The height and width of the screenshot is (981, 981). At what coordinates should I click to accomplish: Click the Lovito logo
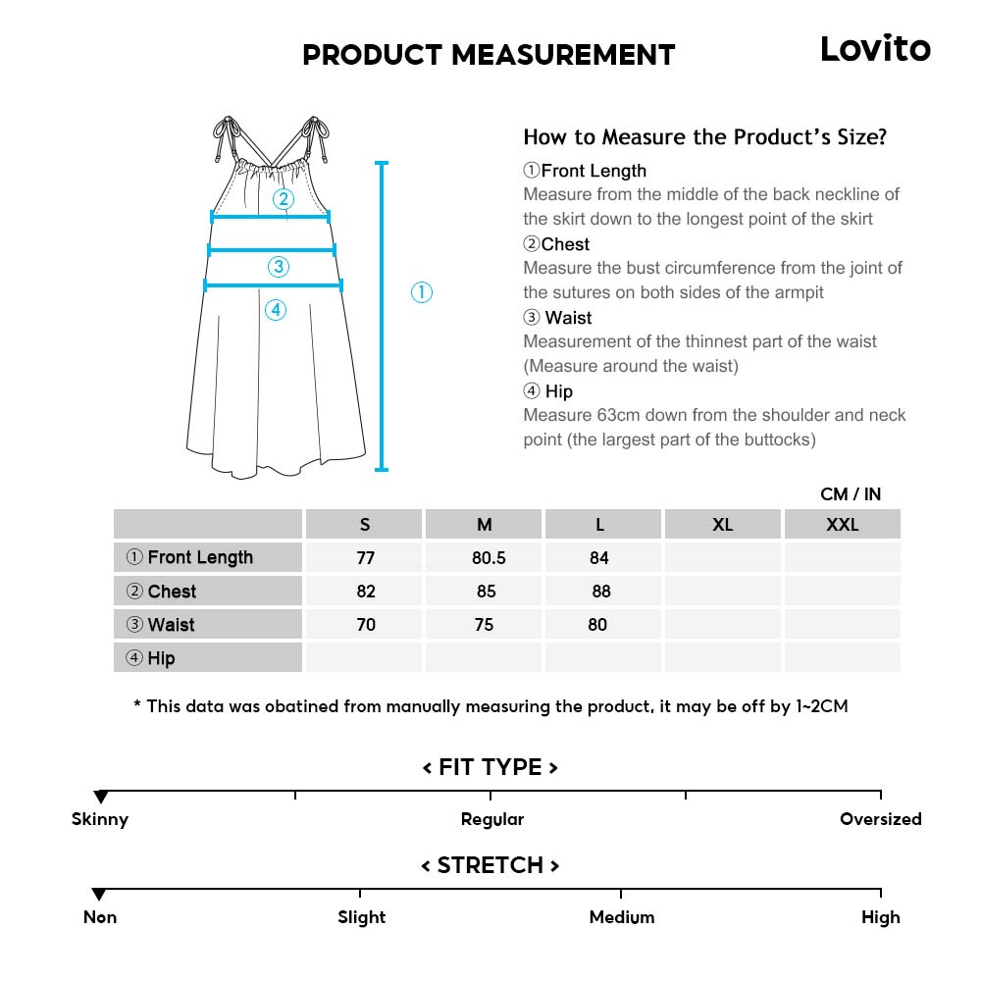click(x=875, y=48)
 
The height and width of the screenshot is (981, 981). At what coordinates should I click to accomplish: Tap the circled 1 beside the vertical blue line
click(x=421, y=292)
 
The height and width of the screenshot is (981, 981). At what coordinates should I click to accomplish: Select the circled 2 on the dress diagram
click(x=284, y=199)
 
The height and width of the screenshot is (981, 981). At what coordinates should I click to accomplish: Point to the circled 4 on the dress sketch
click(x=276, y=310)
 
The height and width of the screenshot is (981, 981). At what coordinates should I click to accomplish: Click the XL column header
click(x=722, y=525)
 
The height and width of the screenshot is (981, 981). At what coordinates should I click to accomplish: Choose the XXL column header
click(x=842, y=525)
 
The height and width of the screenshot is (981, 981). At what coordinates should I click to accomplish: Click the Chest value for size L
click(x=600, y=592)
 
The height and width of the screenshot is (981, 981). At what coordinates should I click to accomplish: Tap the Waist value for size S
click(x=366, y=625)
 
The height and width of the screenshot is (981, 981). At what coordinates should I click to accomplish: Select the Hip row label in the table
click(x=161, y=658)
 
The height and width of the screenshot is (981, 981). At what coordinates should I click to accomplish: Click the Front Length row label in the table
click(x=200, y=558)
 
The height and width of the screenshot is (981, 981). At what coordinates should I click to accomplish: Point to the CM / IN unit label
click(x=851, y=494)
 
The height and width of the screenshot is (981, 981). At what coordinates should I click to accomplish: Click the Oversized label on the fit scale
click(x=880, y=819)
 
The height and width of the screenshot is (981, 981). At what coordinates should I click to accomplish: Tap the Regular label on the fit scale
click(x=492, y=819)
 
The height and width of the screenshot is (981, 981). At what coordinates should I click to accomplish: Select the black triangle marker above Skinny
click(x=100, y=798)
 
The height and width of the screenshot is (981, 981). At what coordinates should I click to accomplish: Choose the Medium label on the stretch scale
click(x=622, y=917)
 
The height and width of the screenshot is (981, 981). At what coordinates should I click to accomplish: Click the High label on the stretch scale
click(x=880, y=917)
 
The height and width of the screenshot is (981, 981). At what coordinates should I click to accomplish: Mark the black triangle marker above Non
click(x=99, y=895)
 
